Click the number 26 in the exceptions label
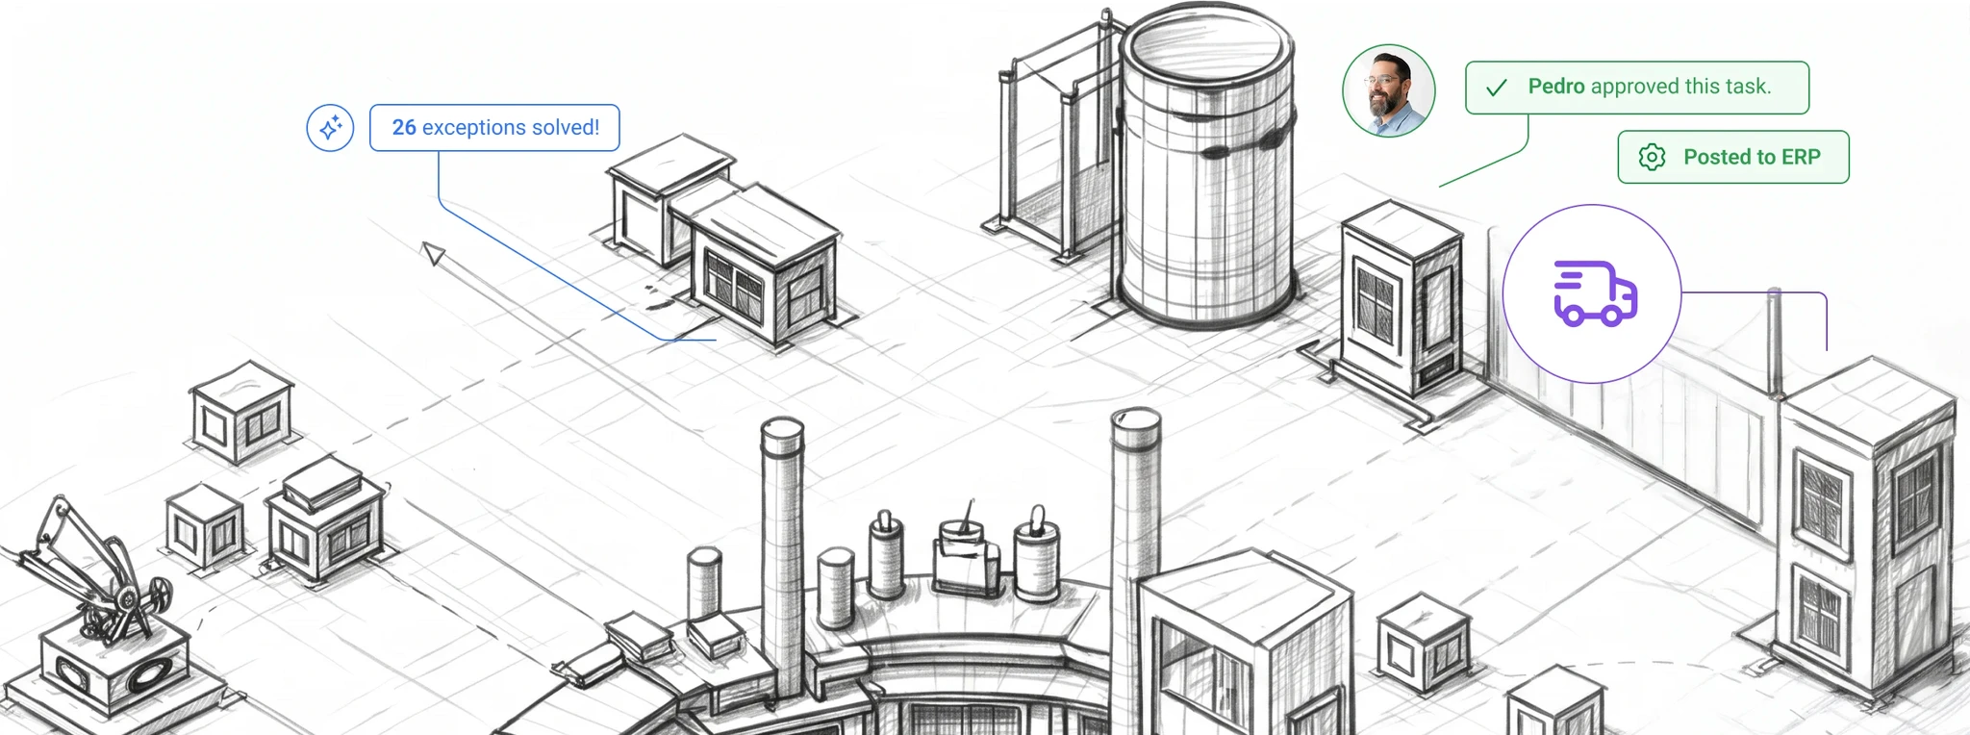coord(404,127)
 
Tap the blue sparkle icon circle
coord(330,128)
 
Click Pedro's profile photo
coord(1388,90)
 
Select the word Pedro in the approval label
coord(1556,87)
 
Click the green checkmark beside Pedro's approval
coord(1496,88)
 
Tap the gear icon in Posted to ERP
coord(1652,157)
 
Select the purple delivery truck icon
coord(1595,293)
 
